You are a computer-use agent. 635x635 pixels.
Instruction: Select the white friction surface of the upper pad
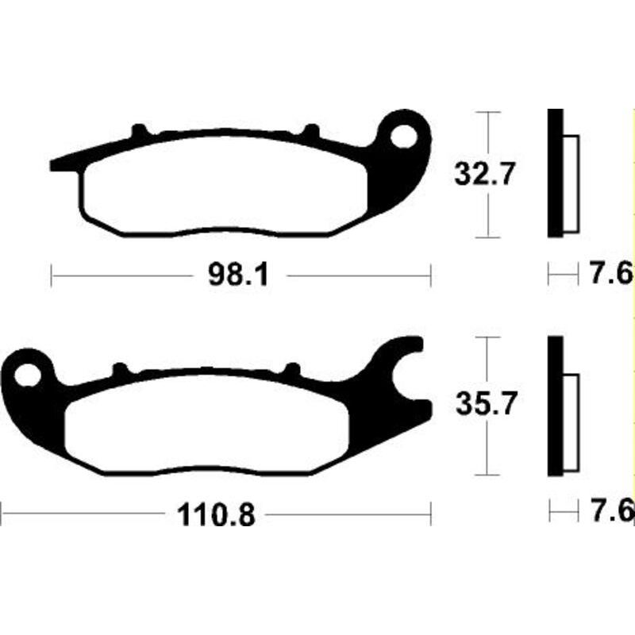click(x=222, y=187)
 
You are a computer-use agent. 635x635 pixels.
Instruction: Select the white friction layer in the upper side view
click(x=571, y=183)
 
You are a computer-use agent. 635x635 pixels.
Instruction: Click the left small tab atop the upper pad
click(x=139, y=129)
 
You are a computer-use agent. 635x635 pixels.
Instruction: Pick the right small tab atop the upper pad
click(x=312, y=129)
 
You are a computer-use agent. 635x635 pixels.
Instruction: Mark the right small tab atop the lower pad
click(x=292, y=368)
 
